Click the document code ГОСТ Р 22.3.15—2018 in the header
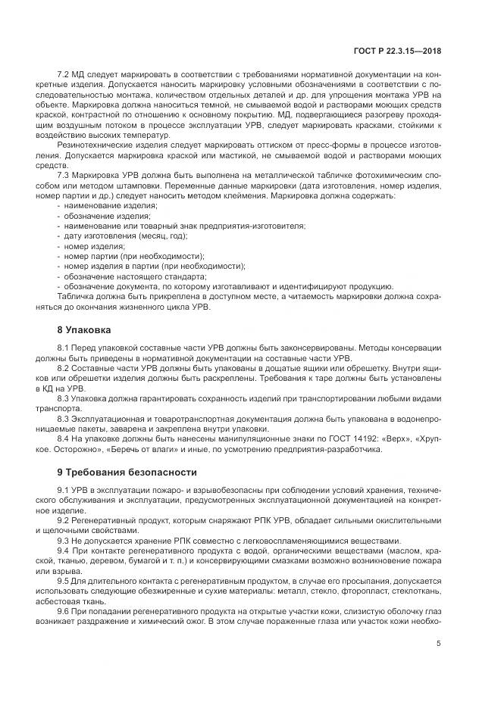[x=408, y=50]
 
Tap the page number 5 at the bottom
[x=439, y=644]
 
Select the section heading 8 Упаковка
[x=84, y=330]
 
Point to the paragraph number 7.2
[x=64, y=74]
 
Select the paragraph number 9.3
[x=64, y=541]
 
